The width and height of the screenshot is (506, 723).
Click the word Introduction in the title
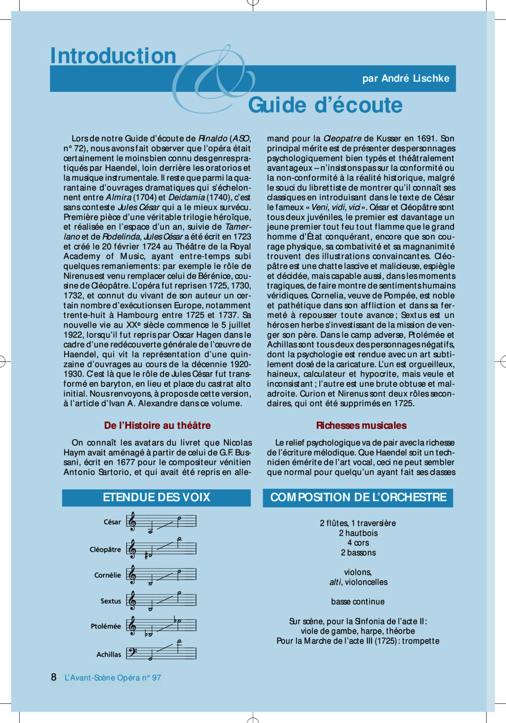tap(113, 56)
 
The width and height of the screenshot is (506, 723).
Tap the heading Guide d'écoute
tap(325, 105)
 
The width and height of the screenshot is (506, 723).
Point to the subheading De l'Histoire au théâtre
tap(157, 425)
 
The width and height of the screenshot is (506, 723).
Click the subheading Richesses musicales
tap(361, 425)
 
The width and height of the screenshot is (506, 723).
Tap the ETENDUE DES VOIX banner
tap(156, 497)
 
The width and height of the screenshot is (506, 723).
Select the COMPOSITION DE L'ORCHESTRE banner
tap(358, 497)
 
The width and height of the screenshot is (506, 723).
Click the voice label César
tap(112, 522)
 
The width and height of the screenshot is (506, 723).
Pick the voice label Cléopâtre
tap(105, 550)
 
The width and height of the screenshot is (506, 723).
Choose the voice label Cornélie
tap(108, 575)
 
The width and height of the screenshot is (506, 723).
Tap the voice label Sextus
tap(111, 601)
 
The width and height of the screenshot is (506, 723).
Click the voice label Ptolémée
tap(106, 626)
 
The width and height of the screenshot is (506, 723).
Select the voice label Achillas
tap(109, 654)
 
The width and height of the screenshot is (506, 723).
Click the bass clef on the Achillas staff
tap(132, 652)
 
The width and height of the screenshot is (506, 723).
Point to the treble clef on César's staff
tap(131, 521)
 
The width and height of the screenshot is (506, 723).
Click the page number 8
tap(54, 677)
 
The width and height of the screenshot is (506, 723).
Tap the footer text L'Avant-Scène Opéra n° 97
tap(113, 678)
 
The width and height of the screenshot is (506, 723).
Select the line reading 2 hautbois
tap(358, 533)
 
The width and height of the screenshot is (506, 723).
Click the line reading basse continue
tap(358, 601)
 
